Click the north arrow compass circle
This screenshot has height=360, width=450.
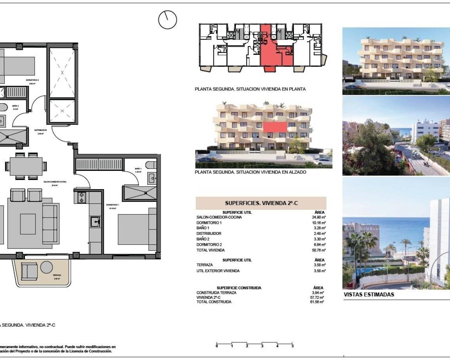(167, 20)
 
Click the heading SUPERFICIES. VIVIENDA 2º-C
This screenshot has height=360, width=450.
(261, 203)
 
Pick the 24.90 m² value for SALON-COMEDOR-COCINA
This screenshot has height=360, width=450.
(320, 217)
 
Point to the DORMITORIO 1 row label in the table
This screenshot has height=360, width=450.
(209, 223)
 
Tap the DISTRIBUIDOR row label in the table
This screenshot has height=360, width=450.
(209, 233)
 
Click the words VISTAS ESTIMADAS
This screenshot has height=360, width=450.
(368, 295)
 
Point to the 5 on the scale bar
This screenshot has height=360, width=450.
(292, 346)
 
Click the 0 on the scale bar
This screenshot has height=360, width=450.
(217, 346)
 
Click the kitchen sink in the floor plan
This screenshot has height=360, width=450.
(95, 221)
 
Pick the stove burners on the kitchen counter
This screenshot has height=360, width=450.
(82, 197)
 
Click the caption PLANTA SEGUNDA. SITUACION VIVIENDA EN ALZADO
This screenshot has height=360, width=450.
(250, 172)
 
